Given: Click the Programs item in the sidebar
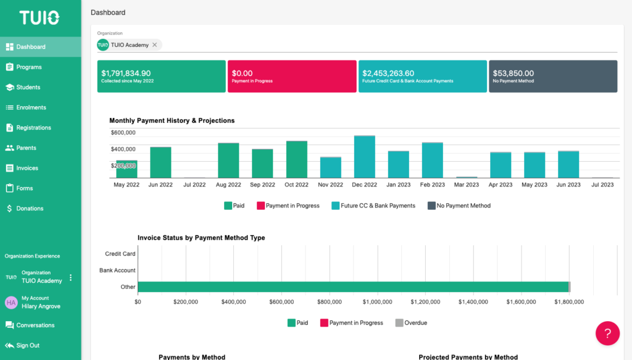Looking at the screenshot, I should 28,67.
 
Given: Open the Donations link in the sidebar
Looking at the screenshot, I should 30,209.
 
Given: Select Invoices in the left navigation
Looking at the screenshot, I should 27,168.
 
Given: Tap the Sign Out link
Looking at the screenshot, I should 28,345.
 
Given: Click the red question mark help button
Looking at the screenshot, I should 607,333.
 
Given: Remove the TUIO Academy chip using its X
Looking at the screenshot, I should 155,45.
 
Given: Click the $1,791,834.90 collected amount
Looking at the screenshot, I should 126,73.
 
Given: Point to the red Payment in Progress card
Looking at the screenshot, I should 292,76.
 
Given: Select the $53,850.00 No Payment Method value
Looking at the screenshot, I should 513,73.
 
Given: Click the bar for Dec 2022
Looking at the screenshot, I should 364,157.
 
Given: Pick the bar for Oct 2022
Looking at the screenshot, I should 296,159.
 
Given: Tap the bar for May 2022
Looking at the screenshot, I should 127,169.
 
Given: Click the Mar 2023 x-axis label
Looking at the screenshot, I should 466,185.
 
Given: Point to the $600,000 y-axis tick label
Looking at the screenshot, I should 123,132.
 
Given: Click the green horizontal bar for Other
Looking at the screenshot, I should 352,287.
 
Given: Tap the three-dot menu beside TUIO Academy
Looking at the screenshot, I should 70,277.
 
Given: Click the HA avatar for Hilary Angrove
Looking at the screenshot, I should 10,302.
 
